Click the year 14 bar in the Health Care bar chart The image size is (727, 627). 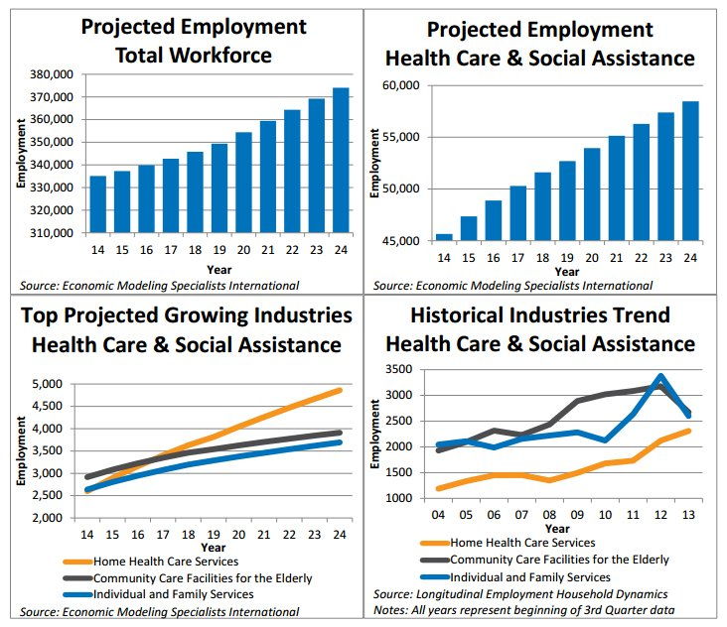(444, 238)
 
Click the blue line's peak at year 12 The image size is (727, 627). (660, 377)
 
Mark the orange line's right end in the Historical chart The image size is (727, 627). (687, 431)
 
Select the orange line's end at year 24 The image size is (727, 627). (341, 390)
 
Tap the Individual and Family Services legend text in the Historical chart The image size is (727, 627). (530, 576)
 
